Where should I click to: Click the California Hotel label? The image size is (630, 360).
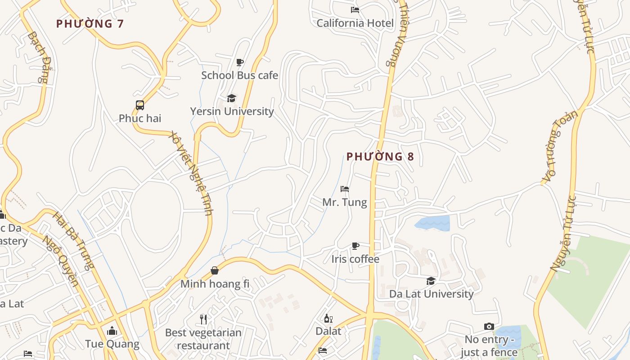tap(355, 23)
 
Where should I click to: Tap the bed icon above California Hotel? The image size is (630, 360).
tap(355, 9)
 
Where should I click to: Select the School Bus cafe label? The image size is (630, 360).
tap(239, 75)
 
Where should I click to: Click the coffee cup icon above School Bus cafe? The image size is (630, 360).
tap(240, 62)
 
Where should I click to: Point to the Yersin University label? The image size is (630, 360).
tap(232, 111)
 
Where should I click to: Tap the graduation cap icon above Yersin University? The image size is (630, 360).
tap(231, 98)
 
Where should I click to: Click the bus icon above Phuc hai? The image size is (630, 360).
tap(140, 105)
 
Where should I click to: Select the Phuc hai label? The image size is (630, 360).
tap(140, 118)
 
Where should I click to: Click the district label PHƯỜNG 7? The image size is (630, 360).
tap(90, 24)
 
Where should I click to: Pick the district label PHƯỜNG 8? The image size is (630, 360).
tap(380, 157)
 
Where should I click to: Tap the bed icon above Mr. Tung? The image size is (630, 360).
tap(345, 189)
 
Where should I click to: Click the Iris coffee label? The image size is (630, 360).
tap(355, 259)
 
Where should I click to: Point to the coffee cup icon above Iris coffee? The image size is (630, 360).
tap(355, 246)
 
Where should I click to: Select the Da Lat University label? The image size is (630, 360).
tap(431, 294)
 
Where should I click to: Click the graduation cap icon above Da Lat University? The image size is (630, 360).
tap(431, 281)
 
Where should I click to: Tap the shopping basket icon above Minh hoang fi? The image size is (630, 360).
tap(215, 270)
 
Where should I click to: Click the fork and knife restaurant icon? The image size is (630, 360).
tap(203, 319)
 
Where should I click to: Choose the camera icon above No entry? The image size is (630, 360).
tap(489, 326)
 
